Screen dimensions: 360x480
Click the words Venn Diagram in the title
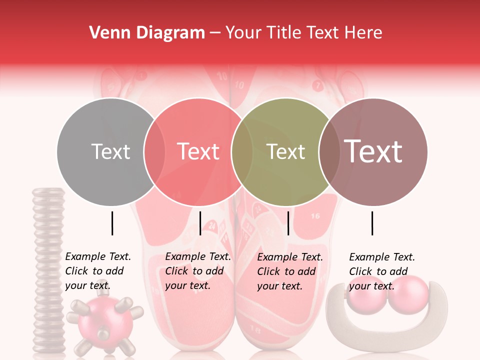pos(147,33)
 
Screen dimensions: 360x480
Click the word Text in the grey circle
pos(110,151)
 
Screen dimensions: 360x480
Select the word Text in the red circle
pos(198,151)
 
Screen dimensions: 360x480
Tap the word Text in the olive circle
pos(286,151)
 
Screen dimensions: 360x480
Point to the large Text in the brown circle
pos(373,151)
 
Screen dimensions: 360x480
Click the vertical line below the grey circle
pos(112,223)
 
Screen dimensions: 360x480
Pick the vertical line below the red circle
pos(200,223)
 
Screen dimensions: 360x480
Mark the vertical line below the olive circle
pos(288,223)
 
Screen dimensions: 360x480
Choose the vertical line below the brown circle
pos(372,223)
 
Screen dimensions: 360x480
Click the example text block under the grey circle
pos(97,271)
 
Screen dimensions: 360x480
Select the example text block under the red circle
pos(197,271)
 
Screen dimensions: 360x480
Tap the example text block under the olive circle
pos(289,271)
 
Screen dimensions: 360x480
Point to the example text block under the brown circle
pos(381,271)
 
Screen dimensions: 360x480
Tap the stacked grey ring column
pos(48,270)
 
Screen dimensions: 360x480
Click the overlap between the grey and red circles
pos(154,151)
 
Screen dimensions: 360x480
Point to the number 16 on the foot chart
pos(315,216)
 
